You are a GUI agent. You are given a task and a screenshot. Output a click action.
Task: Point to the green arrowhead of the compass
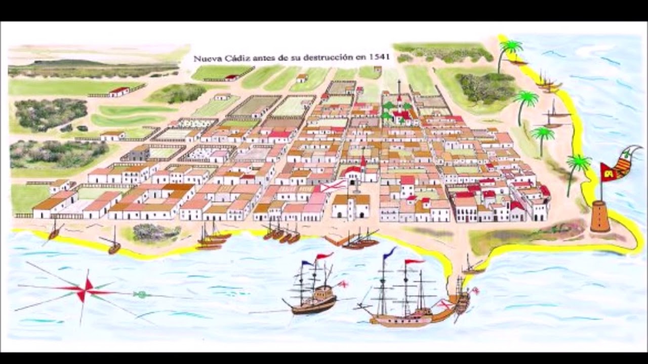pyautogui.click(x=142, y=294)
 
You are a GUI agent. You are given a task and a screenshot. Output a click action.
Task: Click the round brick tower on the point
pyautogui.click(x=600, y=217)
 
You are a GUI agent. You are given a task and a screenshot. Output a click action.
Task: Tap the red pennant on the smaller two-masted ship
pyautogui.click(x=324, y=256)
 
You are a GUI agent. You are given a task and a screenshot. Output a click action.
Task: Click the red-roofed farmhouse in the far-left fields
pyautogui.click(x=119, y=92)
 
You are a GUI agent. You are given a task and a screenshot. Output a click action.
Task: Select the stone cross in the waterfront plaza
pyautogui.click(x=356, y=188)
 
